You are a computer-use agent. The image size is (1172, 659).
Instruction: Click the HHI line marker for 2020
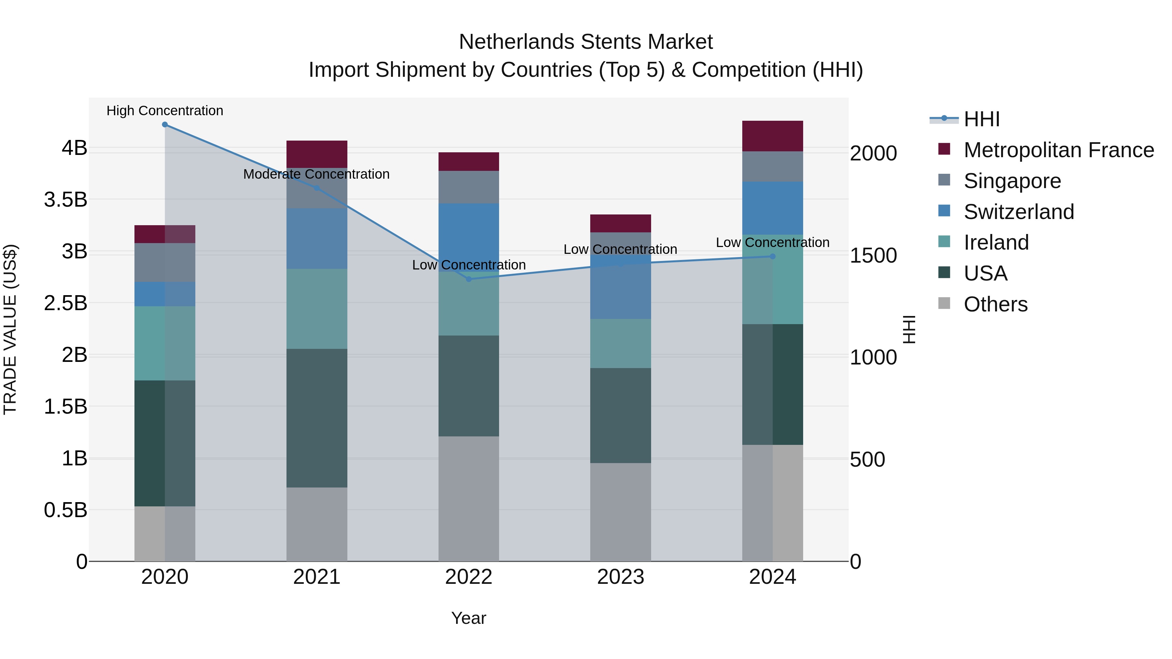click(x=165, y=125)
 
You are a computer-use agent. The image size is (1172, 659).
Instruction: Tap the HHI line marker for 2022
click(x=468, y=279)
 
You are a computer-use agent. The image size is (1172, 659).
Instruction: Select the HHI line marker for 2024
click(x=773, y=256)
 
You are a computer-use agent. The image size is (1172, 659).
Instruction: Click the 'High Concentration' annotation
click(x=165, y=111)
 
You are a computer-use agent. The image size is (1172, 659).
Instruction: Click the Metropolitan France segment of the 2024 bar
click(x=773, y=136)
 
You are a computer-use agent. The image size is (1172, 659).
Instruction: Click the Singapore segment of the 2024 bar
click(x=773, y=166)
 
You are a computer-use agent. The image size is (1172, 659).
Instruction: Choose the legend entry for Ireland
click(x=996, y=242)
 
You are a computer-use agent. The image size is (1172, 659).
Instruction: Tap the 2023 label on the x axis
click(x=621, y=577)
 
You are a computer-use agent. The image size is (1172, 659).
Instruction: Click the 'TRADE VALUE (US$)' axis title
click(x=10, y=329)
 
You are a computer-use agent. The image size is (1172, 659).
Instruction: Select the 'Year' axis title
click(x=468, y=618)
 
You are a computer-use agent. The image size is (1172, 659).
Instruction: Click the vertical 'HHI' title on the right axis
click(x=909, y=329)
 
